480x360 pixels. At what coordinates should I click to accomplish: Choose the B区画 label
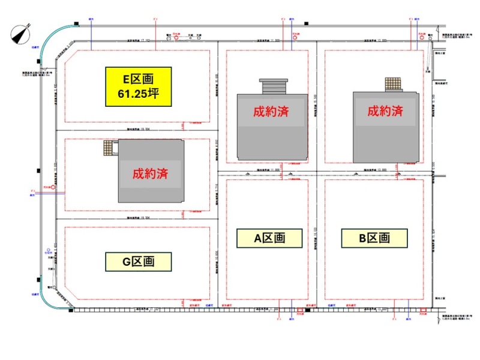374,238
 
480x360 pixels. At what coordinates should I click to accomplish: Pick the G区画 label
139,262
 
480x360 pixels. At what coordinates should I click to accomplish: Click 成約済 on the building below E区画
149,174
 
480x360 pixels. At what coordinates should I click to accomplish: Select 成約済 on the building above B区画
385,111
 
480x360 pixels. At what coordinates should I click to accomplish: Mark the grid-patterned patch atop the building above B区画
393,85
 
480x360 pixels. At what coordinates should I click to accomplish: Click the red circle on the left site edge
53,188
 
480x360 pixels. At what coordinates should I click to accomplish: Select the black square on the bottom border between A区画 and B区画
307,310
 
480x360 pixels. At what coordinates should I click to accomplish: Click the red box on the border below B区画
424,313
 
